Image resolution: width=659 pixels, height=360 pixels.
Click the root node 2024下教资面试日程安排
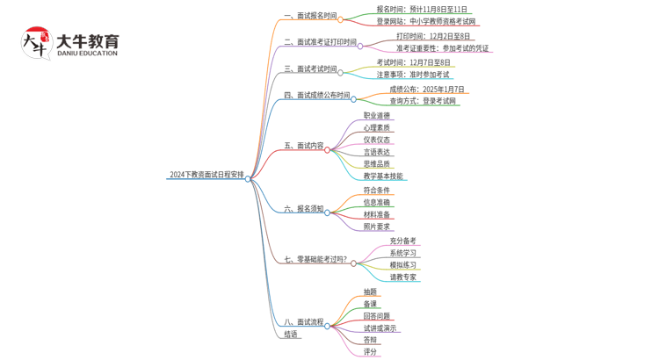pyautogui.click(x=206, y=175)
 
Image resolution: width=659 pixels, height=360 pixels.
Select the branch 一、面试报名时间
pyautogui.click(x=310, y=16)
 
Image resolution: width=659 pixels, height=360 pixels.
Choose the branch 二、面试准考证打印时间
pyautogui.click(x=320, y=41)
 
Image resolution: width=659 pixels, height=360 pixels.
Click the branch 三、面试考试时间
pyautogui.click(x=310, y=68)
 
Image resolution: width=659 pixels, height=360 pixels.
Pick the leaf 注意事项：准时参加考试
pyautogui.click(x=413, y=75)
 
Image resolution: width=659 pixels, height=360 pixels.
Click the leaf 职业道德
pyautogui.click(x=376, y=115)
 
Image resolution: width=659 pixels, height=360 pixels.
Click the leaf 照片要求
pyautogui.click(x=376, y=227)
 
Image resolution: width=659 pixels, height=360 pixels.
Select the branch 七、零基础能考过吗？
pyautogui.click(x=315, y=260)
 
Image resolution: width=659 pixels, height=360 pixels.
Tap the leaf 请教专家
pyautogui.click(x=403, y=277)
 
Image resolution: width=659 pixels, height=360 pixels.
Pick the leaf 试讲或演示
pyautogui.click(x=379, y=328)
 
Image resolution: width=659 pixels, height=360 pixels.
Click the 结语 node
pyautogui.click(x=291, y=335)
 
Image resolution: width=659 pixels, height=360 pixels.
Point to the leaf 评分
pyautogui.click(x=370, y=352)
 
